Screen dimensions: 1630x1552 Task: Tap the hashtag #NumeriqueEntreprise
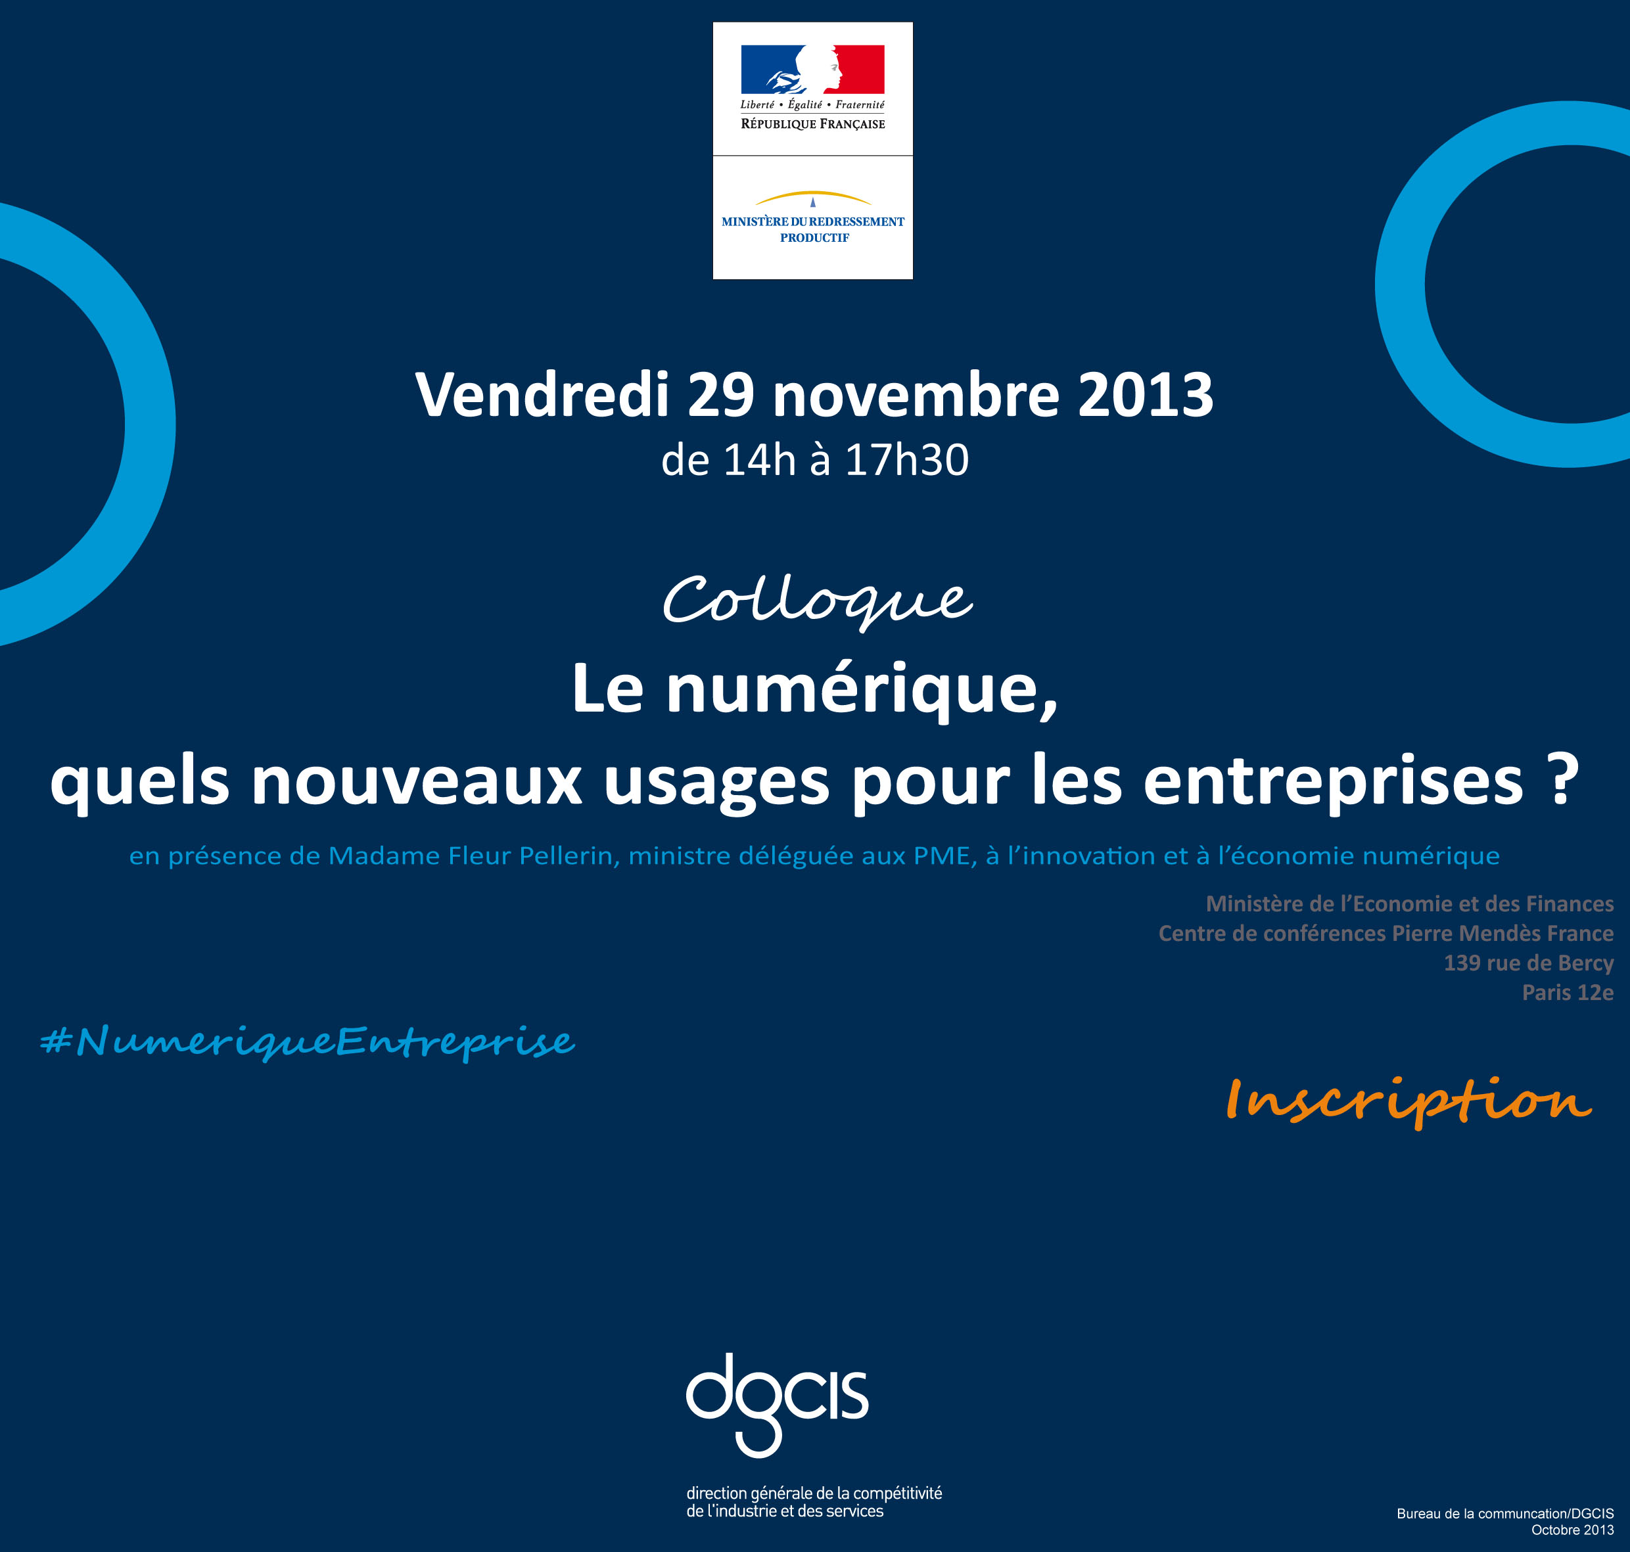tap(307, 1041)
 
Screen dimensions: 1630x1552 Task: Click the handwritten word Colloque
tap(818, 601)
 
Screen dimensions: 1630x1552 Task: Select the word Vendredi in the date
tap(542, 395)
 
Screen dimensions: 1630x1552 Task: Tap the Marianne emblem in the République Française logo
tap(812, 69)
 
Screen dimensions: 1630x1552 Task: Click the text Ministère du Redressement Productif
tap(813, 229)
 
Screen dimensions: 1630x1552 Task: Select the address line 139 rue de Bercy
tap(1528, 963)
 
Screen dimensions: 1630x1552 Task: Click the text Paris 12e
tap(1568, 993)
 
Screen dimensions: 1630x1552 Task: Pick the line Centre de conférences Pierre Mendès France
tap(1386, 933)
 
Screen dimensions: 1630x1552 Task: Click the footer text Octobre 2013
tap(1572, 1530)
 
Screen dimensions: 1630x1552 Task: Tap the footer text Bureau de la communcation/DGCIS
tap(1505, 1513)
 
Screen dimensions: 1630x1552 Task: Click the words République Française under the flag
tap(812, 124)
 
